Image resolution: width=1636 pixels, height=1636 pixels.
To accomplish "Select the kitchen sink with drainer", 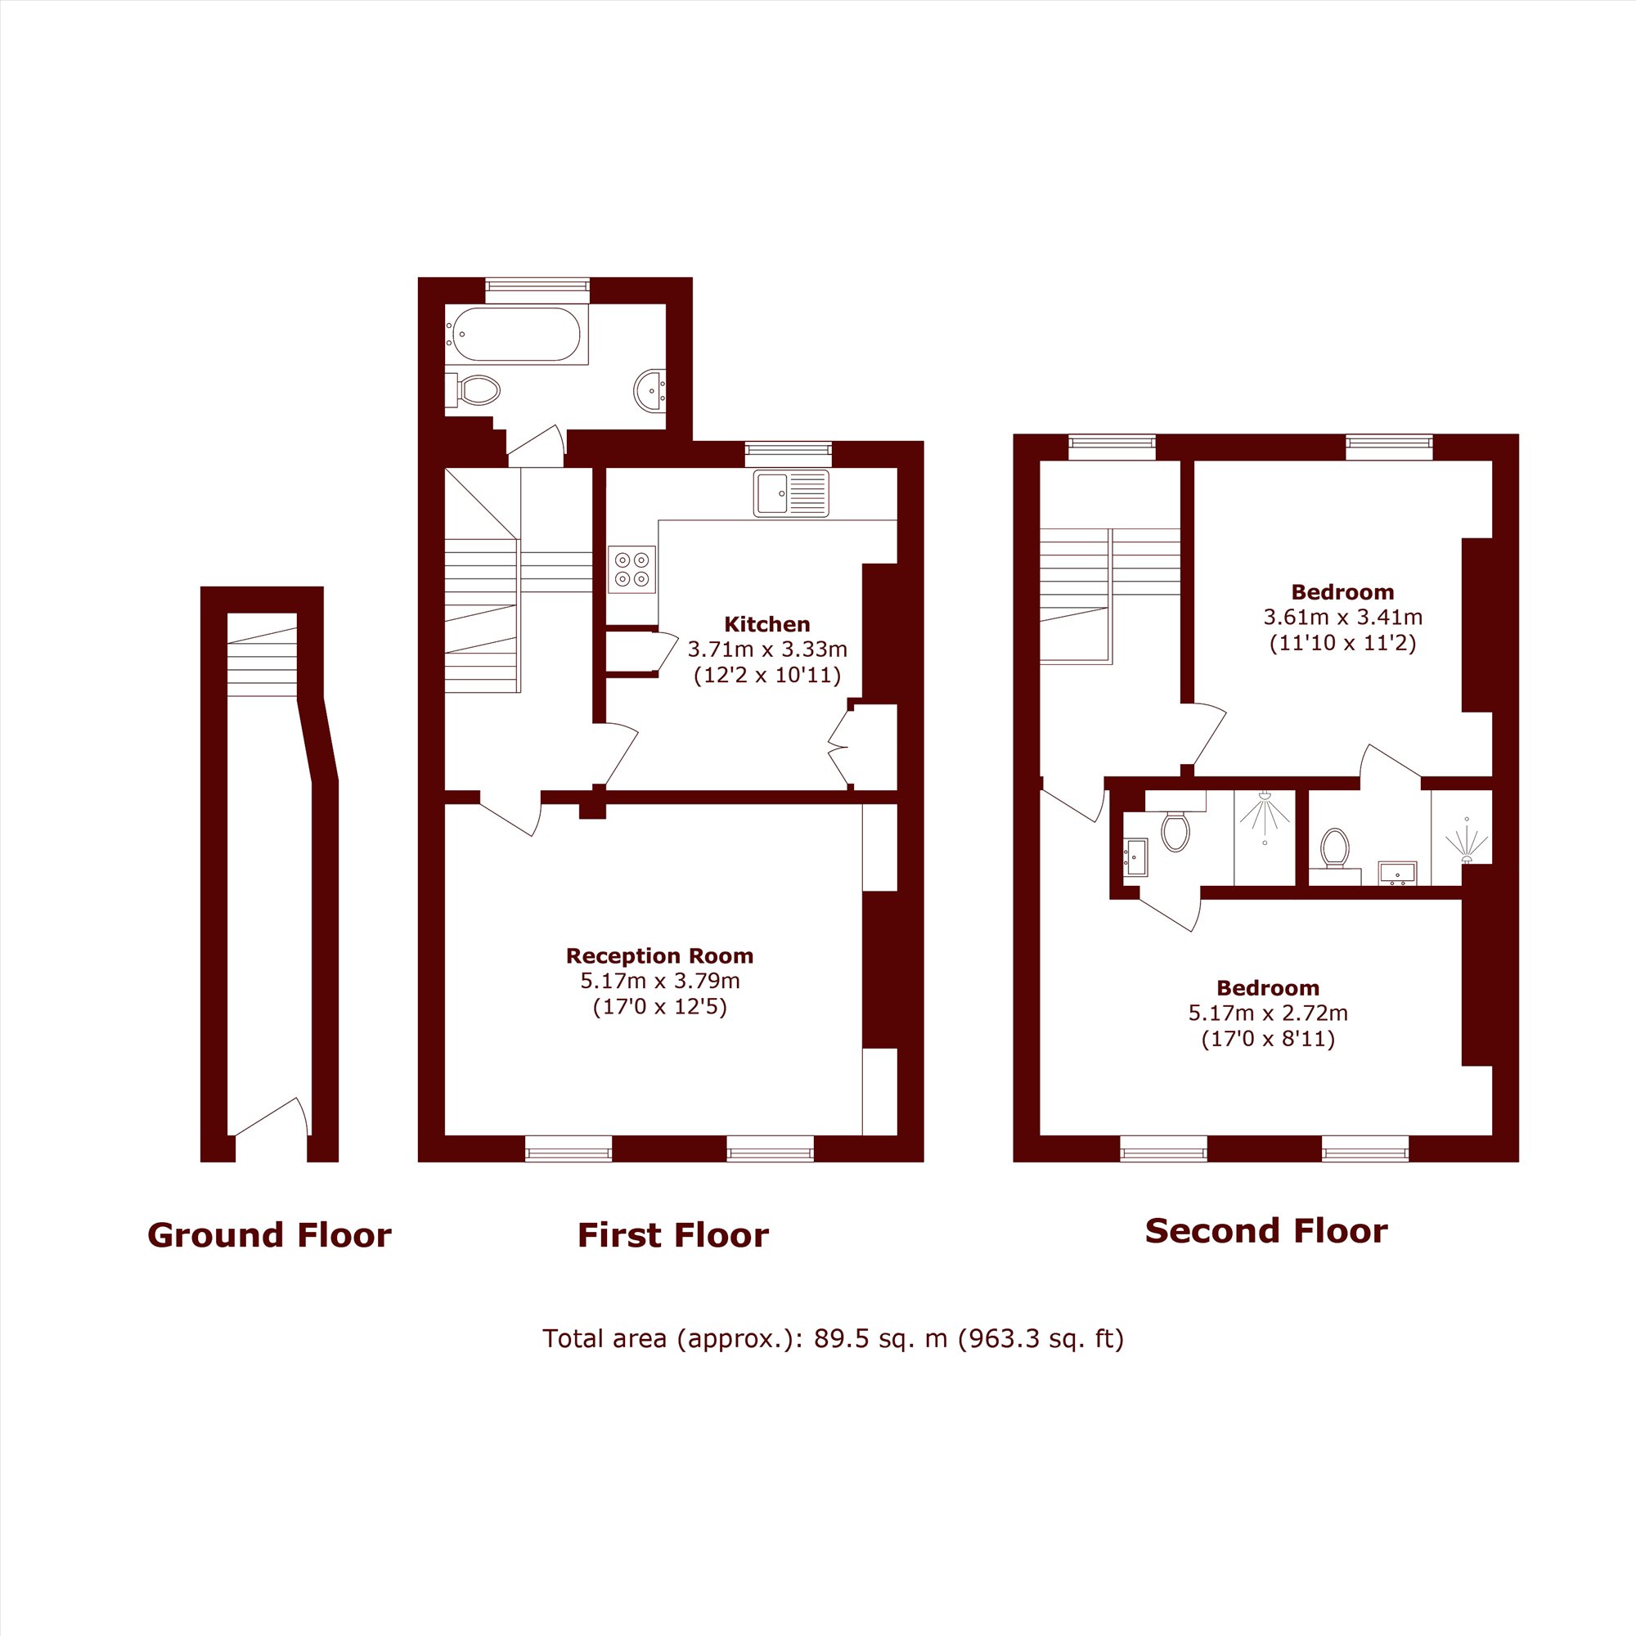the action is [791, 492].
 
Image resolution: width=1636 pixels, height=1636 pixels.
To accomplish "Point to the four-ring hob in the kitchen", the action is [631, 569].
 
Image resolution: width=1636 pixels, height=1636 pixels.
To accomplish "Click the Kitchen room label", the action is [767, 625].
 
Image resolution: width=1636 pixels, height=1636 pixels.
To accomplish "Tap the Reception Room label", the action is [659, 956].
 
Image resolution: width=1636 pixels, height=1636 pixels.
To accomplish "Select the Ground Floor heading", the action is [269, 1235].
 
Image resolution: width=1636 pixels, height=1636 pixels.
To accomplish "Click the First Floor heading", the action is [673, 1235].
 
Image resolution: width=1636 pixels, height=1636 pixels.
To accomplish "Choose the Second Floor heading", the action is [1266, 1231].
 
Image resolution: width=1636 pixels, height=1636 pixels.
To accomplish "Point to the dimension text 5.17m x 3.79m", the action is [659, 982].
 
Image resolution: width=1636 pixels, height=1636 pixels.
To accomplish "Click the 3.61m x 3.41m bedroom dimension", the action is [1343, 618].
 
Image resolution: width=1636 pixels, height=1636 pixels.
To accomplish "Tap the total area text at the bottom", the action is [834, 1339].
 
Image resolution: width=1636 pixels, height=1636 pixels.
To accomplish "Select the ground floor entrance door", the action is [270, 1116].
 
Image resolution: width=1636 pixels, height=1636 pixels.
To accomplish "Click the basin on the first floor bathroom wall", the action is [649, 390].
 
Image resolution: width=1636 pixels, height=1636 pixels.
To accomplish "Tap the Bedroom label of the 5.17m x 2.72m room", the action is [1268, 988].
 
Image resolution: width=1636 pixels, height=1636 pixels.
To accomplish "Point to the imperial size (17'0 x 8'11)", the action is [1268, 1039].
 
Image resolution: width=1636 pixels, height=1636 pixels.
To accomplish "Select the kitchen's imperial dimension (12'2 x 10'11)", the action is [767, 676].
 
